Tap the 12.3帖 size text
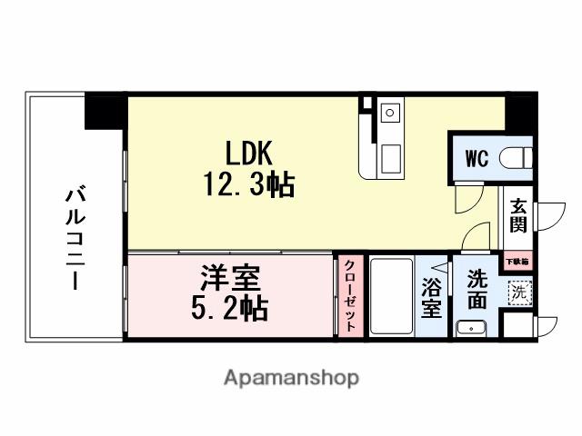point(243,185)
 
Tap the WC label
point(477,158)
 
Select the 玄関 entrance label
point(518,216)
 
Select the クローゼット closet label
point(350,295)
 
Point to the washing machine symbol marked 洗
point(518,292)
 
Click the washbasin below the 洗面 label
point(471,328)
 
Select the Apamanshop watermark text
point(291,377)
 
